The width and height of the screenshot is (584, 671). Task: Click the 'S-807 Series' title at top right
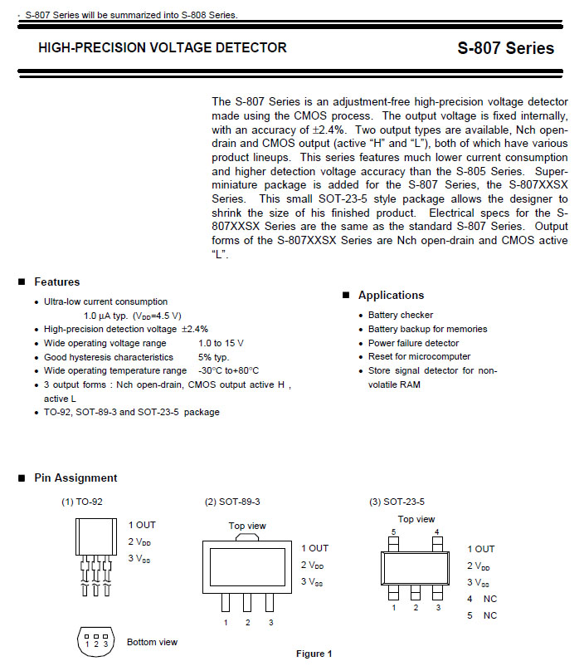505,48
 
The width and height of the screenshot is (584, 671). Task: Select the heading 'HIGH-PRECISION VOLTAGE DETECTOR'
163,48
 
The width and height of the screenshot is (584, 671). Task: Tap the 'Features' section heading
56,282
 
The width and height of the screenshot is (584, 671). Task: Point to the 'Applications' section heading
391,296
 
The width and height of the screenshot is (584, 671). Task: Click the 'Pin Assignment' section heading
75,478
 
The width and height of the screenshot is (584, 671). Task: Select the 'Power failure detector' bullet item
413,343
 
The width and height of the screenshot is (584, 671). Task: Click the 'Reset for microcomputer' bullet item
419,356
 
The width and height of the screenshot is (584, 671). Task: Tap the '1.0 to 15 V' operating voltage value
221,343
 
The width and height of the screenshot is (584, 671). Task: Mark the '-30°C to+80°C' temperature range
229,370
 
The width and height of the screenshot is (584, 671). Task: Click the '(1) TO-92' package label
82,502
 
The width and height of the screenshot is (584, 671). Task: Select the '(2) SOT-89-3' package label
232,502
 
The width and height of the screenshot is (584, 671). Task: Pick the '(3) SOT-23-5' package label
397,502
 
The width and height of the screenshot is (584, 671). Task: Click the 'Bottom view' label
152,642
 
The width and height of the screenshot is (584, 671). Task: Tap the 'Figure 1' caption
314,654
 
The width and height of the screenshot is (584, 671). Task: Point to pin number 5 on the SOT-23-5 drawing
394,531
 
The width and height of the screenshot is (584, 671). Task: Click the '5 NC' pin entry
482,615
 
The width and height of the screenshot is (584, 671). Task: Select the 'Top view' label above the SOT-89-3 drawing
247,526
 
